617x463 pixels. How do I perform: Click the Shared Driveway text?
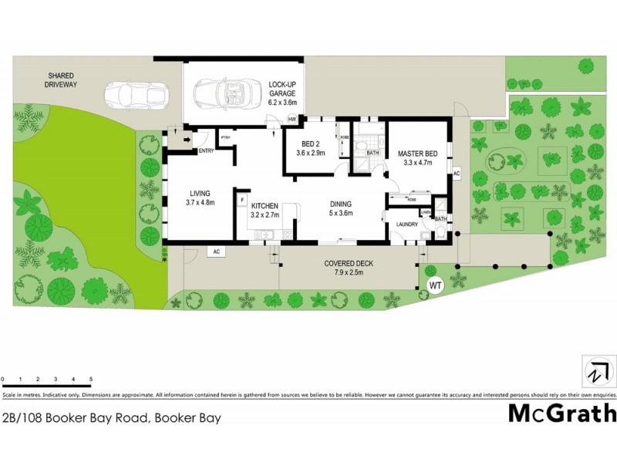[61, 79]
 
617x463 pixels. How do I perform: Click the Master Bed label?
[417, 158]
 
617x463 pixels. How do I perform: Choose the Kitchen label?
[264, 211]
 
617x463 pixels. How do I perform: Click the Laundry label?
[407, 225]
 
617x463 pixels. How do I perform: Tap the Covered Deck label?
[348, 268]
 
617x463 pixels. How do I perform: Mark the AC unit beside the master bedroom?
[457, 173]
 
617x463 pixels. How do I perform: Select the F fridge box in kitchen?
[242, 201]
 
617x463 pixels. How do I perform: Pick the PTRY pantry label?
[226, 137]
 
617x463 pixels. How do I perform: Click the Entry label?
[206, 150]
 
